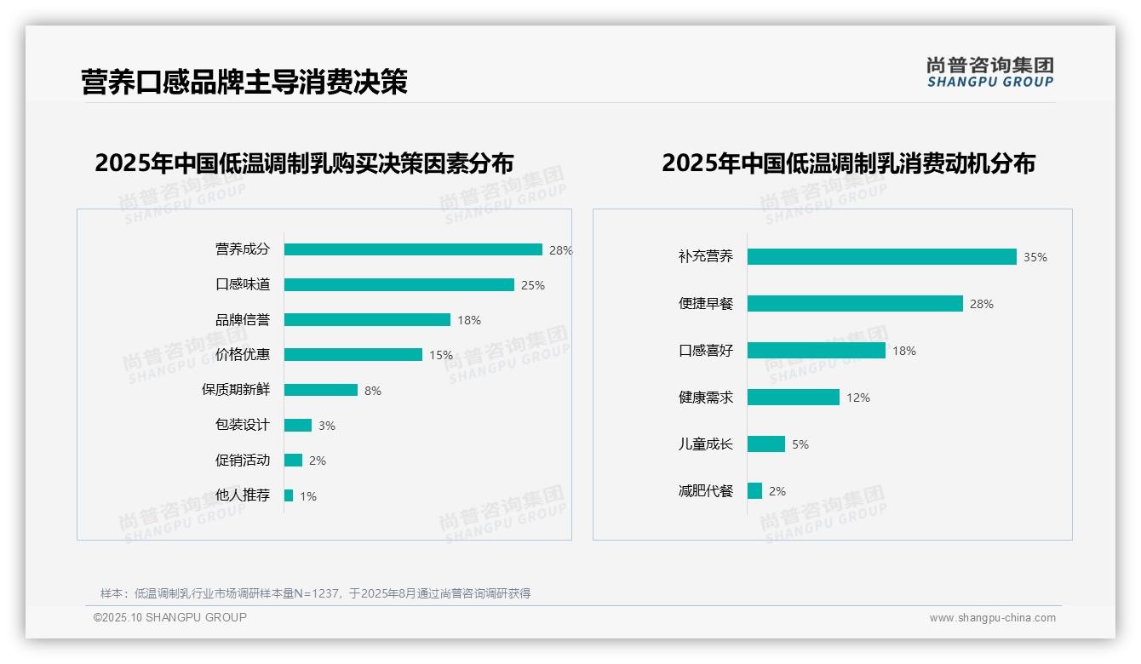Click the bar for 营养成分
413,249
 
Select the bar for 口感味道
399,284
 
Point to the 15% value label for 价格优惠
441,355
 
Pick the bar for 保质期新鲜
321,390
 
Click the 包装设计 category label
243,425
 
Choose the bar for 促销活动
293,461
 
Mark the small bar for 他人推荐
289,495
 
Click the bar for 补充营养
882,256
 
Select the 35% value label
1035,257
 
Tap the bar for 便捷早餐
855,303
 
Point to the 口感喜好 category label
706,351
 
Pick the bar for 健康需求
794,397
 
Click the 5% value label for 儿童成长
800,444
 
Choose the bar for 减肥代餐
754,490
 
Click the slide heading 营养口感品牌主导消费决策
244,82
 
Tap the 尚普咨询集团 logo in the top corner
990,72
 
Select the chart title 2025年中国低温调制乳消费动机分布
848,163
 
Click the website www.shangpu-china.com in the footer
992,618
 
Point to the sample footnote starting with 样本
315,593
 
